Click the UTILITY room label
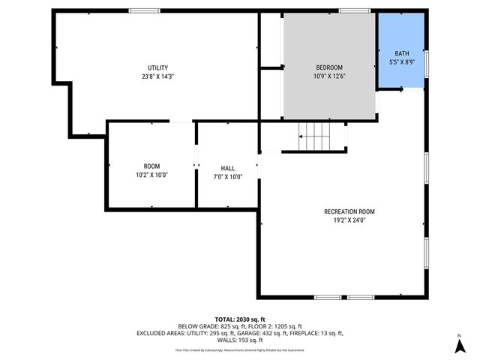pyautogui.click(x=157, y=67)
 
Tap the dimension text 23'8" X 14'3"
pyautogui.click(x=157, y=76)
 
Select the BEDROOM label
pyautogui.click(x=329, y=67)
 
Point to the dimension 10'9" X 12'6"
pyautogui.click(x=329, y=76)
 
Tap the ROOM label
pyautogui.click(x=151, y=166)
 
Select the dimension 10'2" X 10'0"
pyautogui.click(x=151, y=175)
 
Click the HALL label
pyautogui.click(x=228, y=168)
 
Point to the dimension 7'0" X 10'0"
pyautogui.click(x=228, y=177)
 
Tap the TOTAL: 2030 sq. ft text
pyautogui.click(x=240, y=319)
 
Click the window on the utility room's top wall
pyautogui.click(x=144, y=10)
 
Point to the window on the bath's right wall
pyautogui.click(x=425, y=63)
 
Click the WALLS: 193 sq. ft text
pyautogui.click(x=240, y=340)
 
